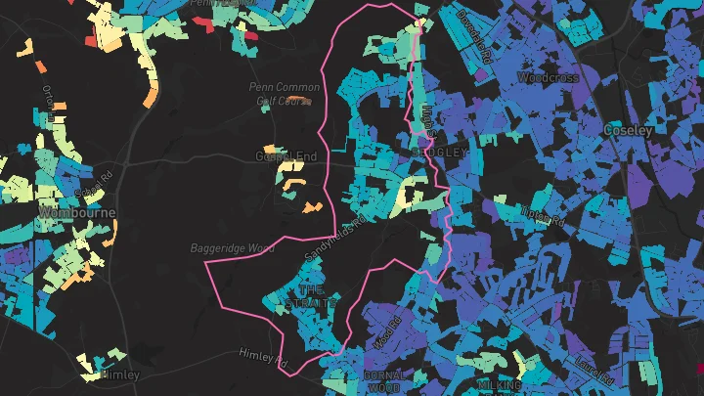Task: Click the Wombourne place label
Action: point(76,212)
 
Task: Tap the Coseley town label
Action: point(629,129)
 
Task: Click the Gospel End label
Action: point(286,156)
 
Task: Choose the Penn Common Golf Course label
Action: point(283,93)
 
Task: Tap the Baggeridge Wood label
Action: point(233,248)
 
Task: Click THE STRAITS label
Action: point(311,297)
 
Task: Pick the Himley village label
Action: point(120,374)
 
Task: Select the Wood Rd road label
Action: point(387,332)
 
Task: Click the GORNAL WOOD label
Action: point(383,381)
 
